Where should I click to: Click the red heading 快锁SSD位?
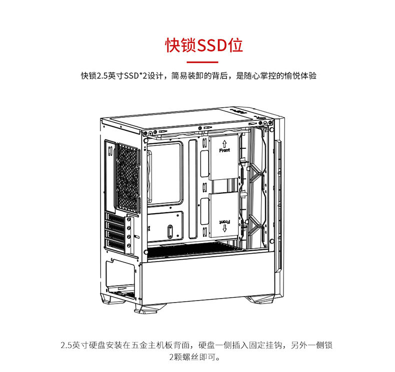tap(204, 45)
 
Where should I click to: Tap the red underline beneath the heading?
tap(202, 62)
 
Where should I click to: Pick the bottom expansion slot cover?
tap(115, 245)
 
